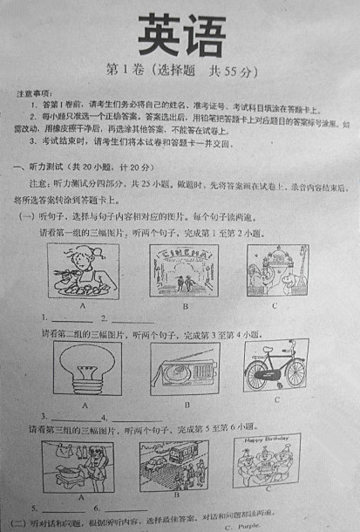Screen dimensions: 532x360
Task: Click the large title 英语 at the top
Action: pos(180,38)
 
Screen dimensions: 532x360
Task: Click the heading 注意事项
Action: pos(34,92)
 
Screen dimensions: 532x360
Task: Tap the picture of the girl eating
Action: pos(82,269)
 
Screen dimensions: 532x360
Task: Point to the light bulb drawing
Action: pos(86,369)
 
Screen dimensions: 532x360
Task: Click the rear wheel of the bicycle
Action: pos(259,376)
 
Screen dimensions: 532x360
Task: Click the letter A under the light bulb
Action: pos(85,405)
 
